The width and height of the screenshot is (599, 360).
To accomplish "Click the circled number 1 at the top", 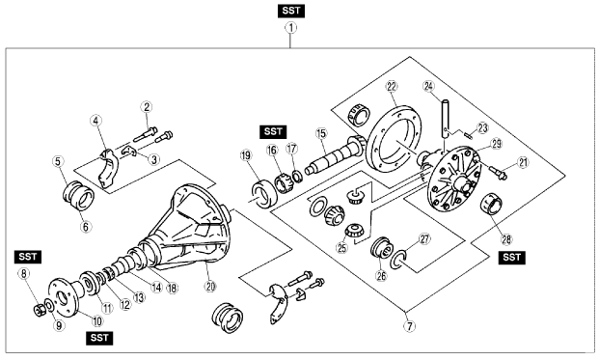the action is click(x=291, y=28).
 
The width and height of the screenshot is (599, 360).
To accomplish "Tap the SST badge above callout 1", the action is click(x=291, y=11).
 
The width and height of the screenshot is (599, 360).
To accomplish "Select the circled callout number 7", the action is click(x=409, y=326).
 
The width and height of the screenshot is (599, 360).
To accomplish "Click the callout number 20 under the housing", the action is click(x=210, y=286).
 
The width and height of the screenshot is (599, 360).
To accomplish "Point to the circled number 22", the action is click(x=392, y=86).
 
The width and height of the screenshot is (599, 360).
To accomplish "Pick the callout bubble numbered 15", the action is click(x=321, y=133).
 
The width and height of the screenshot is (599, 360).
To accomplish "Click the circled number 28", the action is click(x=506, y=239).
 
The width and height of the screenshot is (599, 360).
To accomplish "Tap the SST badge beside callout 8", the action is click(x=28, y=257).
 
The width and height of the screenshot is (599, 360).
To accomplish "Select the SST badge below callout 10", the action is click(x=99, y=338).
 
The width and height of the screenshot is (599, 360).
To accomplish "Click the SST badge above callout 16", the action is click(x=273, y=132).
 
